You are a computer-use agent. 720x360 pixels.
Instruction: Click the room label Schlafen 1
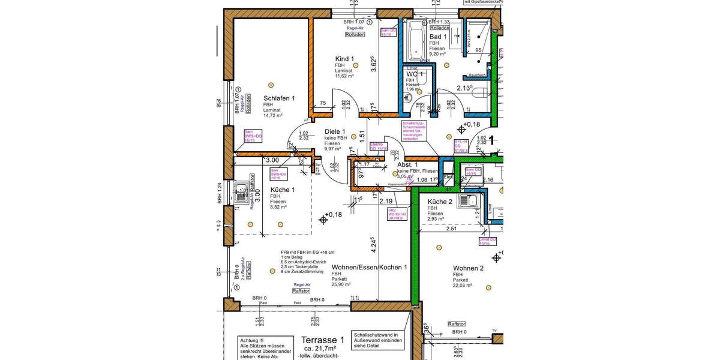279,98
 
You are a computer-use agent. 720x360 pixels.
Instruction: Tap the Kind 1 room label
344,59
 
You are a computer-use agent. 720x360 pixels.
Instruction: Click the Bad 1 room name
438,37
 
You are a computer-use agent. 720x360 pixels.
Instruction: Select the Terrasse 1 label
323,339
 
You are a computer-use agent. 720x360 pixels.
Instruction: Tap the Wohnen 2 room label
468,268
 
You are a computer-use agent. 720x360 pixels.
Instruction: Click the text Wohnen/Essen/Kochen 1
370,267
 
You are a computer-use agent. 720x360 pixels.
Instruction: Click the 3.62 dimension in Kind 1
373,64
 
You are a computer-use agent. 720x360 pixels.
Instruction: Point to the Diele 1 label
335,131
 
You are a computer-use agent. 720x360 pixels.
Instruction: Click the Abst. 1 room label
407,164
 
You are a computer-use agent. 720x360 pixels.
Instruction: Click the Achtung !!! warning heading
253,340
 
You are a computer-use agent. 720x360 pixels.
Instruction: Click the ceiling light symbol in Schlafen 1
271,84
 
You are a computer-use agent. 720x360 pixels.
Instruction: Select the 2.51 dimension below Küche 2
452,229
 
